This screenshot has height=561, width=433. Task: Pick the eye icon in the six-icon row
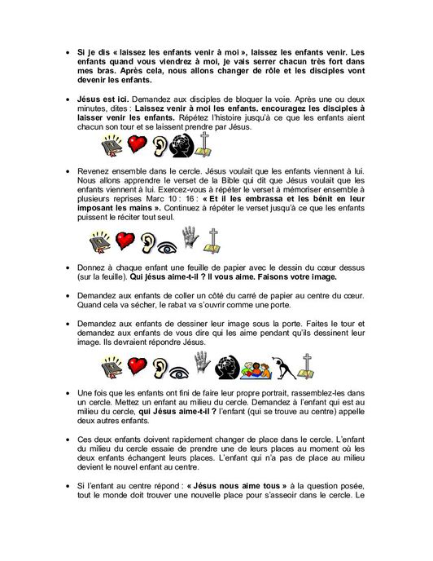165,241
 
